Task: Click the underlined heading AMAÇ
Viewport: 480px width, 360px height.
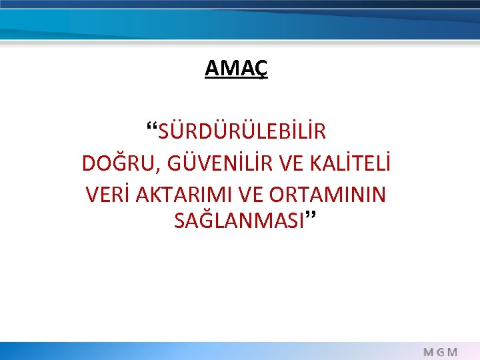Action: click(236, 68)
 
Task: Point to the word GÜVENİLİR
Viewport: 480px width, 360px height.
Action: click(211, 163)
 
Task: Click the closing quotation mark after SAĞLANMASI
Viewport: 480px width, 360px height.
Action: click(310, 216)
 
